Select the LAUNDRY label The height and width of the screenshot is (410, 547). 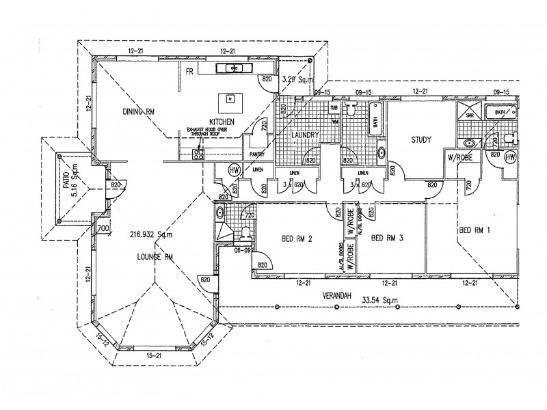303,135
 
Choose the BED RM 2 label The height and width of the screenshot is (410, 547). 297,238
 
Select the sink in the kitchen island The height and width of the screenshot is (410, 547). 228,101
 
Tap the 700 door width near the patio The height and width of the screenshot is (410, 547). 104,228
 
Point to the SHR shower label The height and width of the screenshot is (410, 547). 469,116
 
